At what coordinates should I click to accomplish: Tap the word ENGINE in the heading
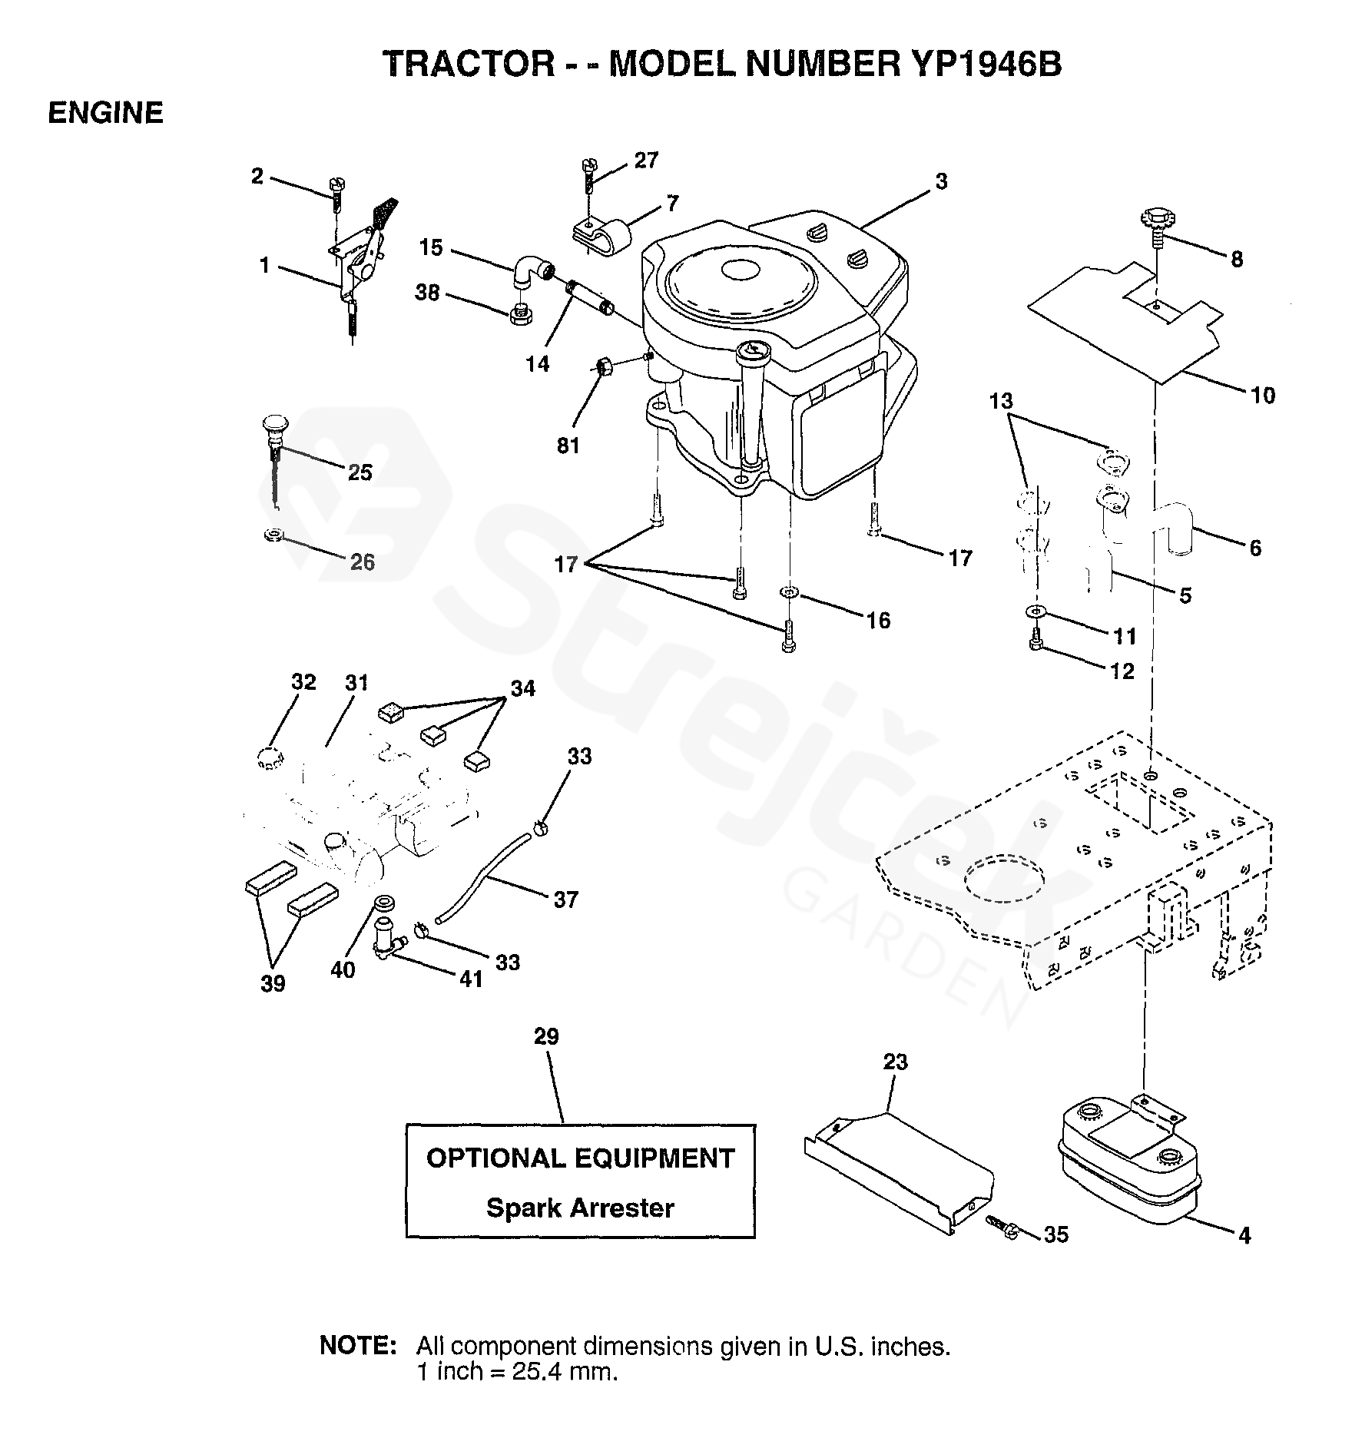pyautogui.click(x=105, y=113)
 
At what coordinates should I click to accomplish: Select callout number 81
pyautogui.click(x=568, y=445)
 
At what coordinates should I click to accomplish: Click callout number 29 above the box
pyautogui.click(x=546, y=1036)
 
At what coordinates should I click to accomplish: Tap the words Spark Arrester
pyautogui.click(x=580, y=1208)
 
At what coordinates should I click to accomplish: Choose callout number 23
pyautogui.click(x=895, y=1062)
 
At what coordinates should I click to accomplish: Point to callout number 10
pyautogui.click(x=1262, y=396)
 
